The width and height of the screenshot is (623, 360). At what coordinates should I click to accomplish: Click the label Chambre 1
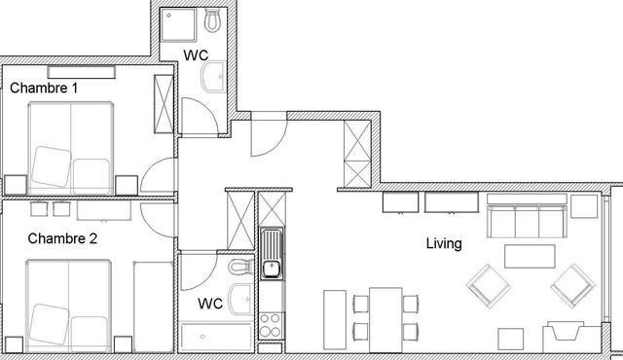tap(44, 89)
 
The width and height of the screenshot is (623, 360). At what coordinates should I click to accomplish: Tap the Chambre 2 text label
tap(62, 238)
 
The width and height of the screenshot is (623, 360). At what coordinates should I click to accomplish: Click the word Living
tap(444, 243)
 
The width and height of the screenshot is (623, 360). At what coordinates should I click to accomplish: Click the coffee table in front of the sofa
tap(530, 256)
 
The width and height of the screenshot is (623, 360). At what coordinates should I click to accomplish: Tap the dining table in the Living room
tap(386, 318)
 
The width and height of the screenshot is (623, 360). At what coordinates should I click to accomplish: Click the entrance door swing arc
tap(268, 136)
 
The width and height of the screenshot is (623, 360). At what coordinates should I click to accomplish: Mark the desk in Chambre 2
tap(104, 210)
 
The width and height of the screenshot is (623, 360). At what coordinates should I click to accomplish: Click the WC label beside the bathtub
tap(210, 304)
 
